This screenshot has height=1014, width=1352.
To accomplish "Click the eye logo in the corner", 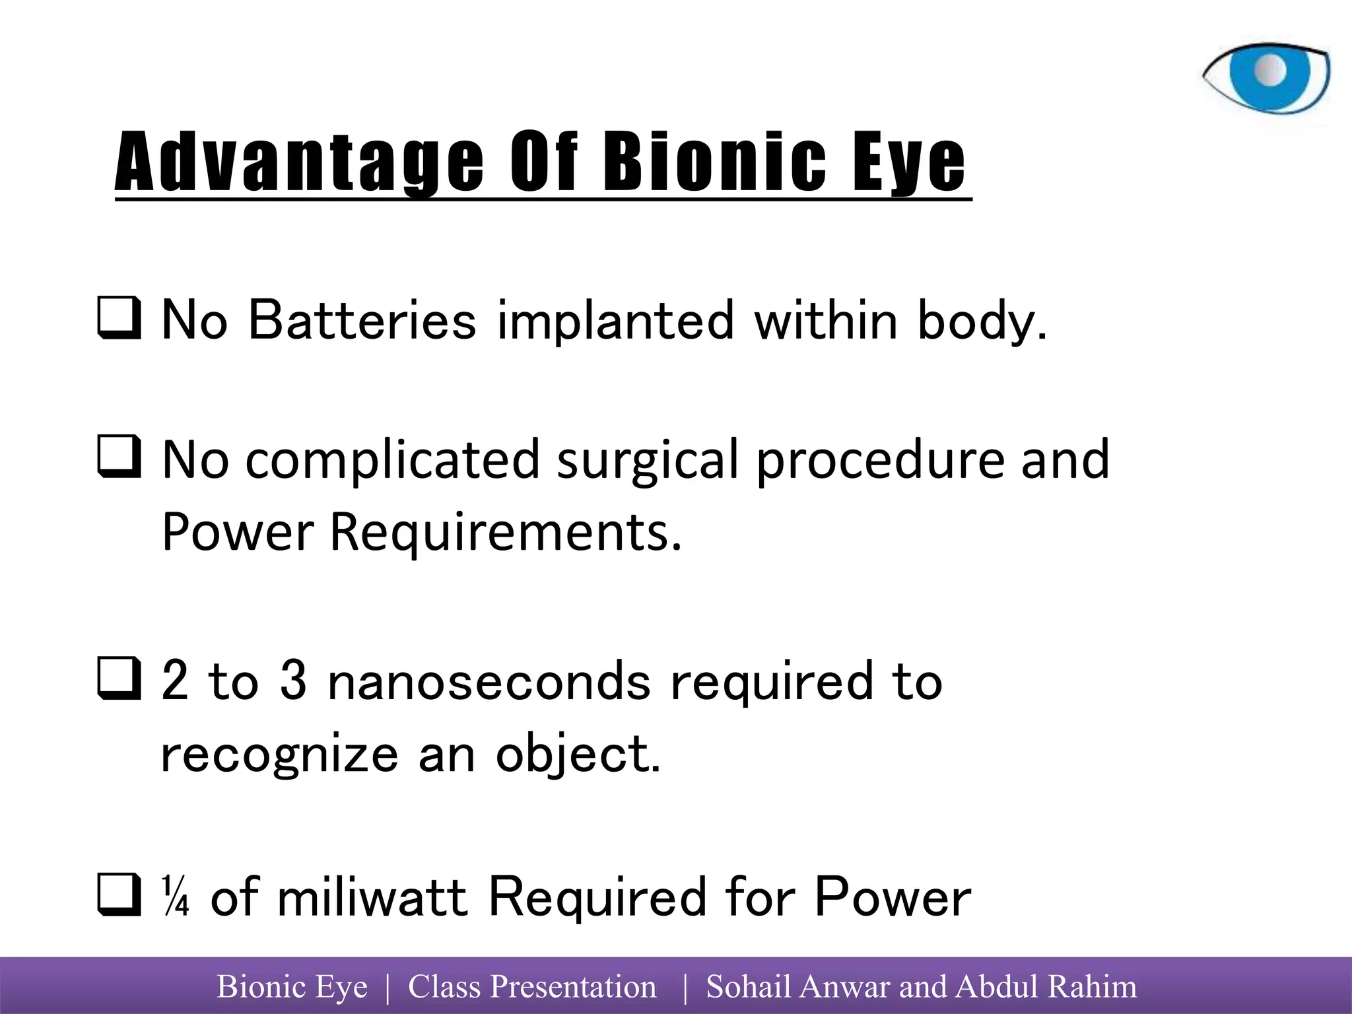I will tap(1266, 78).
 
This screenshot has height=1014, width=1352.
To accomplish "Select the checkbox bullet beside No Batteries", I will tap(119, 320).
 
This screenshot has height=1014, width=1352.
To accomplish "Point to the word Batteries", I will tap(362, 320).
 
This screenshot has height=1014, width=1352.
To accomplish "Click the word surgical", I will tap(647, 461).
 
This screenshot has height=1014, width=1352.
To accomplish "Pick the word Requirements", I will tap(505, 532).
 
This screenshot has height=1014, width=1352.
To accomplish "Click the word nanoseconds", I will tap(489, 681).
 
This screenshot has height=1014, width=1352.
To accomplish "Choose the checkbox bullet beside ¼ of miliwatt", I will tap(119, 895).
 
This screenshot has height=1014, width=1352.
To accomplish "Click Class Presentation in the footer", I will tap(532, 987).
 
